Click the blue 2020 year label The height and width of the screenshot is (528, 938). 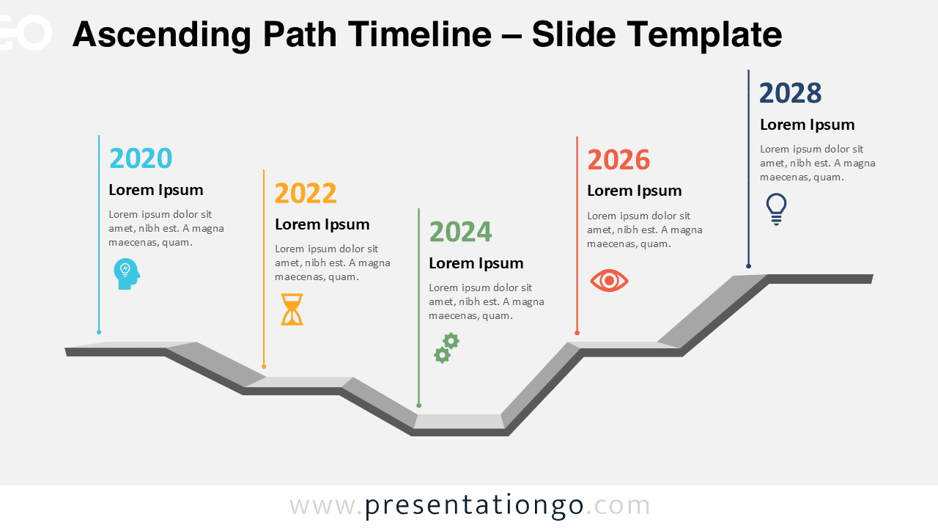141,158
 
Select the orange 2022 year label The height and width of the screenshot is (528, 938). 306,194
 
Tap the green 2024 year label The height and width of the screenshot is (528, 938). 460,232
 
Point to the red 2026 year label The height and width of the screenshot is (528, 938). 618,160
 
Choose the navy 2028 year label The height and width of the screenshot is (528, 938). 790,94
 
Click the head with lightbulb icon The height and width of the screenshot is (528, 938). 126,274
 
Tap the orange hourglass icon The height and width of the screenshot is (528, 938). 292,309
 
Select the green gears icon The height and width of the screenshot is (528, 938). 446,348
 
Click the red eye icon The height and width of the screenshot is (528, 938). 609,281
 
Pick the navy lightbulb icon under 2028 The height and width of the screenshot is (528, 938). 776,209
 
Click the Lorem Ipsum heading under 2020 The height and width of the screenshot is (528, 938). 156,190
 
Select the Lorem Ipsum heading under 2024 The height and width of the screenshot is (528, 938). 476,263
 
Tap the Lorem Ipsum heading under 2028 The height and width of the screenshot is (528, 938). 807,125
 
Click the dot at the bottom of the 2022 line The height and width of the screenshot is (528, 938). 264,367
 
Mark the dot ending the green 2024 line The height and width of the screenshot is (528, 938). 418,405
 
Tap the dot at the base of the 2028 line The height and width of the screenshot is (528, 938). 748,265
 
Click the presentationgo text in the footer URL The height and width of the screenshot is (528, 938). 474,505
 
